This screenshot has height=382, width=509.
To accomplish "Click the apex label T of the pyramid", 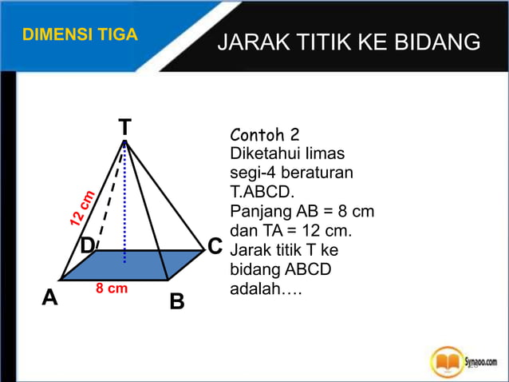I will (125, 127).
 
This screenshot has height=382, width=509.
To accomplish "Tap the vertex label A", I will (50, 298).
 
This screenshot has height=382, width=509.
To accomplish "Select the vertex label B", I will (177, 302).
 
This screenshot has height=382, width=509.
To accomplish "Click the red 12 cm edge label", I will (82, 208).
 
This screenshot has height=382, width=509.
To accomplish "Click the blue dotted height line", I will (125, 208).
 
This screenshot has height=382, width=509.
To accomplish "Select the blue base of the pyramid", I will (132, 265).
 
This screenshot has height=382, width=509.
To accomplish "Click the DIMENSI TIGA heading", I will (80, 35).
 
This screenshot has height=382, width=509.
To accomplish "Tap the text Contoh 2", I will (264, 133).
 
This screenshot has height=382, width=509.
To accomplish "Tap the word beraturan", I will (317, 173).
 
